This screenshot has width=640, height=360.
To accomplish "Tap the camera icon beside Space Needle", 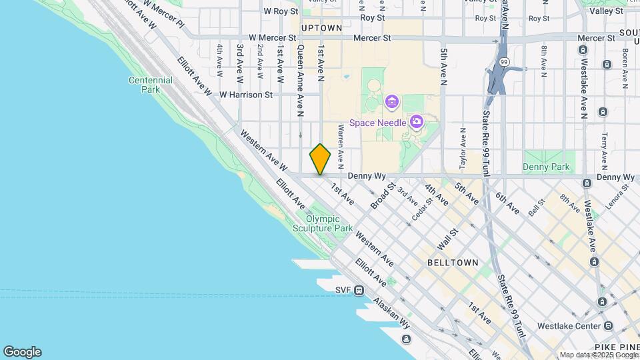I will (x=417, y=121).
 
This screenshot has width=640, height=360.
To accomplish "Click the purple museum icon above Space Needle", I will (x=391, y=103).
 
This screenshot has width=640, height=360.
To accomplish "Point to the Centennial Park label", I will (x=151, y=85).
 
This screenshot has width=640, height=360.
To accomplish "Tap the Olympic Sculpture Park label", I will (x=329, y=223).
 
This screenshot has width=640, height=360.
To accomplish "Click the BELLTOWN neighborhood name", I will (x=453, y=263).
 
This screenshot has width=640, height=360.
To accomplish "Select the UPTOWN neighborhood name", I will (x=321, y=28).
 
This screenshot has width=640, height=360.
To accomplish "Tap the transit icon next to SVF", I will (x=359, y=290).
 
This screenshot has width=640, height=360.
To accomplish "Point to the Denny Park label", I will (x=547, y=166).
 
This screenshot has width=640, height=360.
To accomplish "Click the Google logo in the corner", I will (x=22, y=352).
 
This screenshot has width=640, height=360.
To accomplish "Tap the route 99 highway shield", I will (x=504, y=62).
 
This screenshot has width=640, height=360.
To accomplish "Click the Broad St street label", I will (x=383, y=196).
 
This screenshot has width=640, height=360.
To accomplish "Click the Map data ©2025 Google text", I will (x=598, y=355).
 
